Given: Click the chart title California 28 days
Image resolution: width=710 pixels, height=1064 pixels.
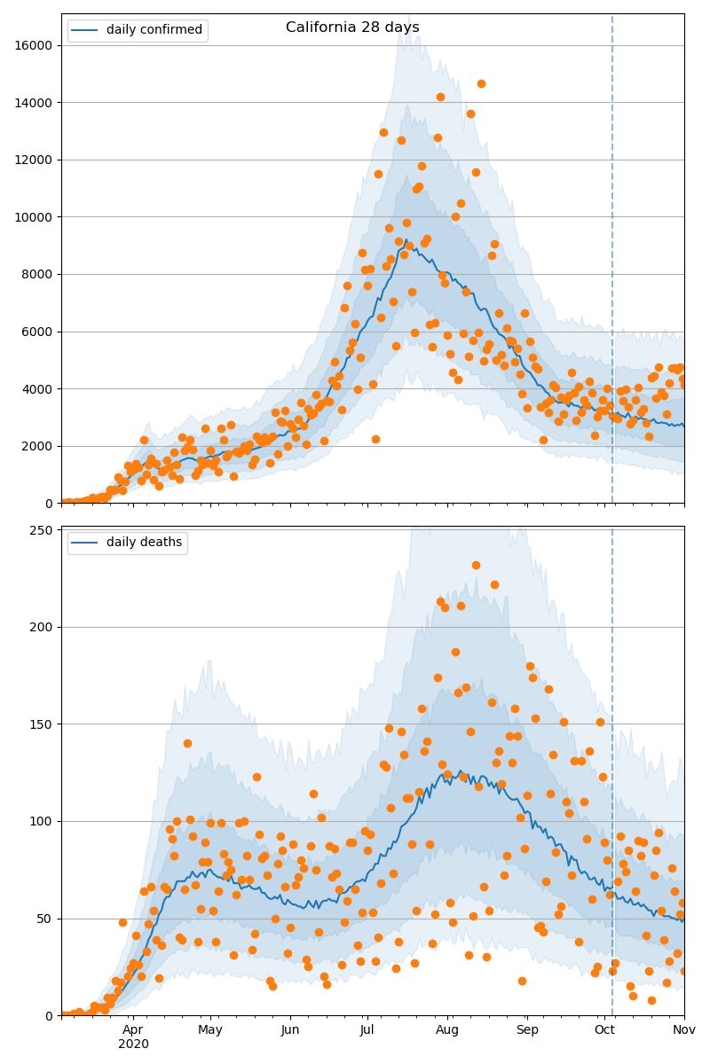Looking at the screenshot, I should click(352, 27).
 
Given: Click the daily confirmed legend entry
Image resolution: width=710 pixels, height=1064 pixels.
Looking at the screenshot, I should click(154, 30).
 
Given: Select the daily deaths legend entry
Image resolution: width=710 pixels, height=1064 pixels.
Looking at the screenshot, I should click(144, 543).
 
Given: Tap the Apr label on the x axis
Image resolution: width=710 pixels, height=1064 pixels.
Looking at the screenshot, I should click(133, 1029).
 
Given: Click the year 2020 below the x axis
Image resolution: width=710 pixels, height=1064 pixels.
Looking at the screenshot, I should click(133, 1044).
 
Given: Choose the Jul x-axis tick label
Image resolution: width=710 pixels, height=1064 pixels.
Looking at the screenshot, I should click(367, 1029).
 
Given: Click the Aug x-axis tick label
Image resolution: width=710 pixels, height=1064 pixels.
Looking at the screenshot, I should click(447, 1029).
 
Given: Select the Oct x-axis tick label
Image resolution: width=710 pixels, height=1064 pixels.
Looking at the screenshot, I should click(604, 1029).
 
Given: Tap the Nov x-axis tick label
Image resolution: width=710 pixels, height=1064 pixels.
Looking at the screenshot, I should click(683, 1029).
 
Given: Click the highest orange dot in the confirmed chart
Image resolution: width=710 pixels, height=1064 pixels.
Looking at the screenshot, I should click(481, 84).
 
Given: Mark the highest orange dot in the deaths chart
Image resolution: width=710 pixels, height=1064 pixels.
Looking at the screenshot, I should click(476, 565).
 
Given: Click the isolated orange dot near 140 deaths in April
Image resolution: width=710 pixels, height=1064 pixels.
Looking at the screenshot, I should click(187, 743).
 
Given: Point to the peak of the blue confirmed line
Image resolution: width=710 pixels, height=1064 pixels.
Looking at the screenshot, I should click(405, 240).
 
